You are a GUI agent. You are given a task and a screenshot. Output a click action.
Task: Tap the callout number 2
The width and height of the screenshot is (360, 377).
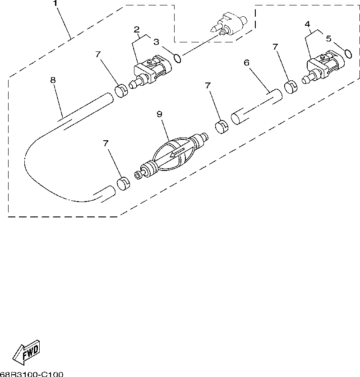tap(136, 30)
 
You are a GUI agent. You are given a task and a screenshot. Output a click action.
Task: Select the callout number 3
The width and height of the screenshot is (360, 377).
tap(156, 42)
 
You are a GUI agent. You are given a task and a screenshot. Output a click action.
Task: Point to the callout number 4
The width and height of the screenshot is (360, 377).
tap(307, 24)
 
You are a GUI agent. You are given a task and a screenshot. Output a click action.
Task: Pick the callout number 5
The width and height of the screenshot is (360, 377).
tap(328, 39)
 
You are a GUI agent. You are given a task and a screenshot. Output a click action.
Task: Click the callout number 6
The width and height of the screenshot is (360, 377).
tap(247, 63)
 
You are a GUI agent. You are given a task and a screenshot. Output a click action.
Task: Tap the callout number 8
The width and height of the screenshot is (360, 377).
tap(53, 80)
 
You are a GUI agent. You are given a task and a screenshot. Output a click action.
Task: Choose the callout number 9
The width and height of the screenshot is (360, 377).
tap(159, 115)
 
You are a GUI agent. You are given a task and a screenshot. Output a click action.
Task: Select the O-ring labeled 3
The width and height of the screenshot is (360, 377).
tap(178, 58)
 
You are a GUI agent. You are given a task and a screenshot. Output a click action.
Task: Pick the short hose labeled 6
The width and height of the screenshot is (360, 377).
tap(256, 106)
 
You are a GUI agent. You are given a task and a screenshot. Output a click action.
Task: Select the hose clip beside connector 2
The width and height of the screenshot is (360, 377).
tap(121, 90)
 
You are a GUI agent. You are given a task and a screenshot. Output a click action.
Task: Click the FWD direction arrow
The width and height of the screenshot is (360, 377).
tap(26, 351)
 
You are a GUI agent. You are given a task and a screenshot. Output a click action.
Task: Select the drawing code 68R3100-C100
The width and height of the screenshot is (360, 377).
tap(32, 374)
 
